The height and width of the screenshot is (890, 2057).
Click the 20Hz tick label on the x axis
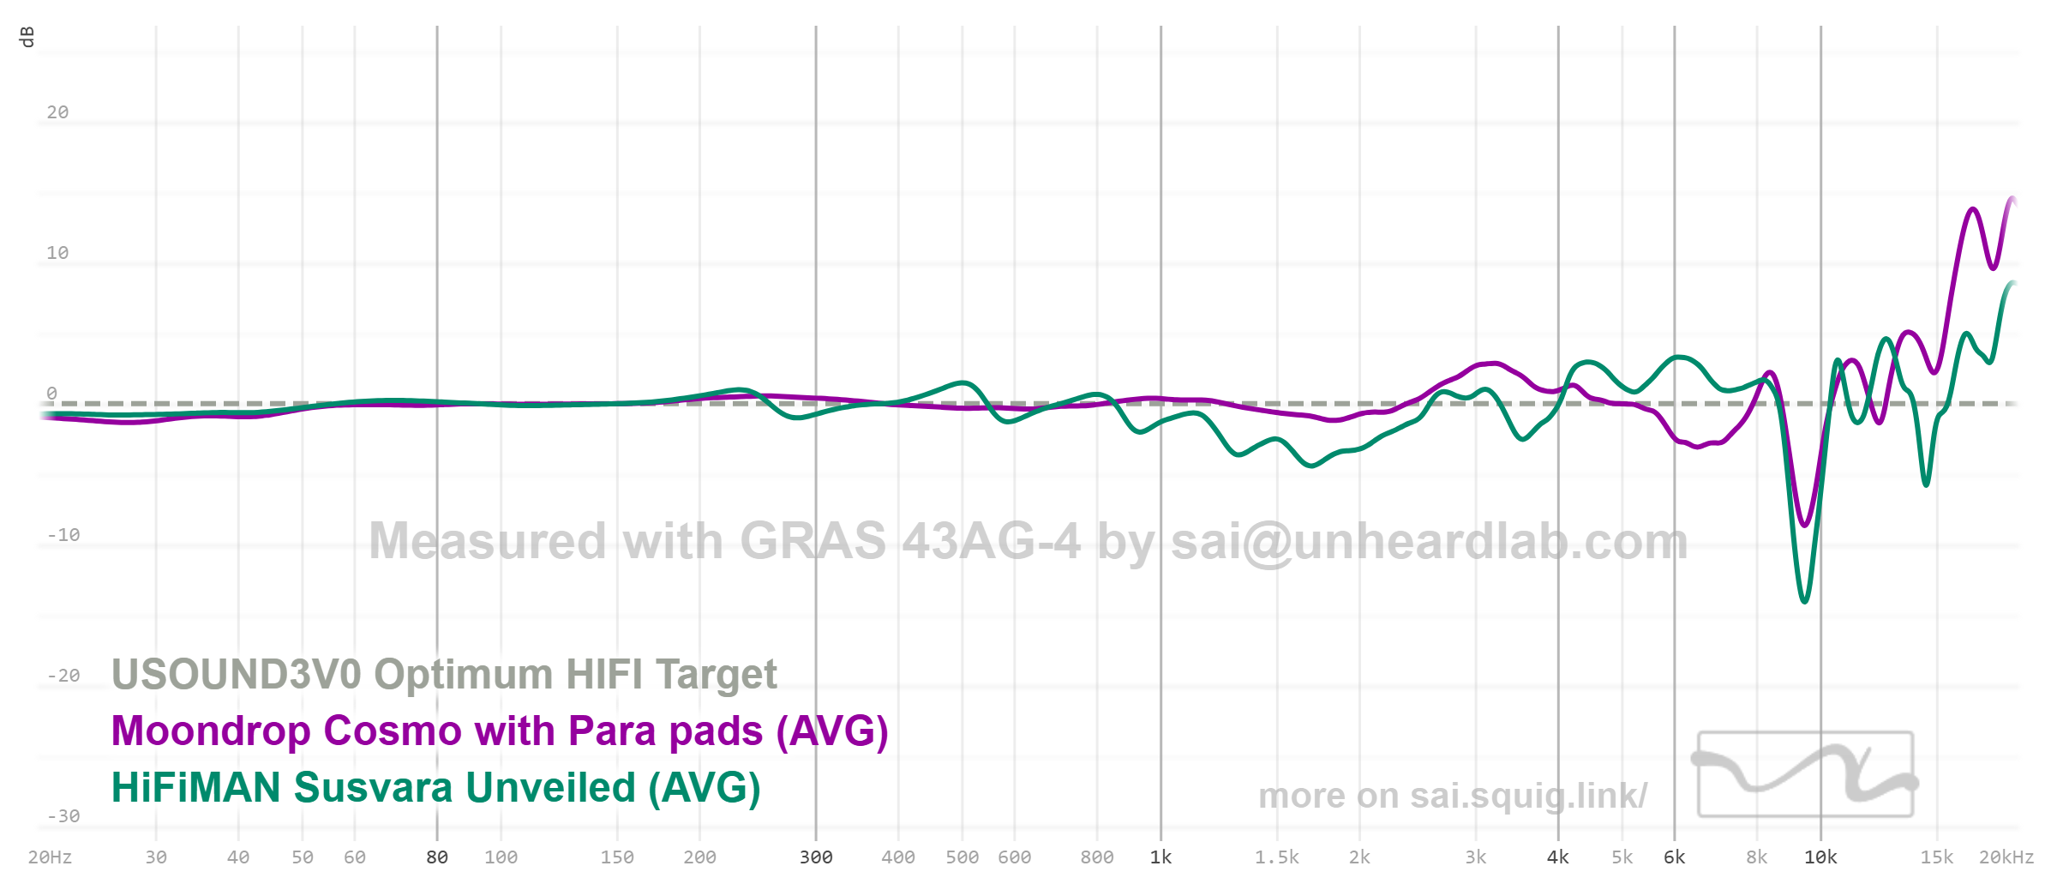[50, 857]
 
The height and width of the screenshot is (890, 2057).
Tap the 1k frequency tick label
[1160, 857]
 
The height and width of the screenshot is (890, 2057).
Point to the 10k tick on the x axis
[1820, 857]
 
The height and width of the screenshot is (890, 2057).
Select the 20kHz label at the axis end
[2006, 857]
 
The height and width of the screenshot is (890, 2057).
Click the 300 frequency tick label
[816, 857]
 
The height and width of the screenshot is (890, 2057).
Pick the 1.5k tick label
[1277, 857]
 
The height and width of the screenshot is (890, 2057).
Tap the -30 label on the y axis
[63, 816]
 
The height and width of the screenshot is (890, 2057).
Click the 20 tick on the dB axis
[57, 112]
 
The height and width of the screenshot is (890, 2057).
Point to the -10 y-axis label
[63, 535]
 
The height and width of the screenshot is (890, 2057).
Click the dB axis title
[27, 37]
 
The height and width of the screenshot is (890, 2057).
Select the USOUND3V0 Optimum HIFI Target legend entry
[444, 674]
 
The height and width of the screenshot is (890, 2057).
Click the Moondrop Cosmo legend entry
[500, 731]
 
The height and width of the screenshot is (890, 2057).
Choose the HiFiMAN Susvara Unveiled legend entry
[435, 788]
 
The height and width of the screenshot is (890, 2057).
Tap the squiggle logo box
[1805, 773]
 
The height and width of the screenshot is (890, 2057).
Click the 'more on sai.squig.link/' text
[1452, 796]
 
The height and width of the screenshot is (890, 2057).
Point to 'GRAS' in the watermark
[813, 541]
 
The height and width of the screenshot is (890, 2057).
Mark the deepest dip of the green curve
[1804, 601]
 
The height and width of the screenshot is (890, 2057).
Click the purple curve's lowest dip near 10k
[1805, 525]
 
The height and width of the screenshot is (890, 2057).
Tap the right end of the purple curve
[2012, 199]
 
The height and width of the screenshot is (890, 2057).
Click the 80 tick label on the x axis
[437, 857]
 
